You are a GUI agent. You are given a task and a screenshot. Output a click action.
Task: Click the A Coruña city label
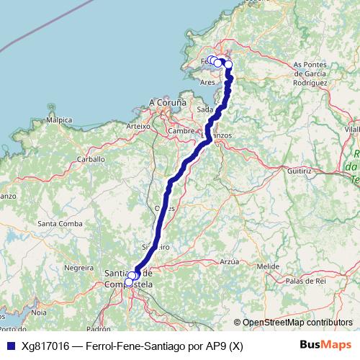pyautogui.click(x=168, y=103)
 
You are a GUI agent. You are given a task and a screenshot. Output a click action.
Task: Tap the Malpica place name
pyautogui.click(x=58, y=120)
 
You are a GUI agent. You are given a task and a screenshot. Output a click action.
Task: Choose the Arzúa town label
pyautogui.click(x=229, y=261)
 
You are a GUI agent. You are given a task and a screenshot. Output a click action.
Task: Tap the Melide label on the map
pyautogui.click(x=268, y=266)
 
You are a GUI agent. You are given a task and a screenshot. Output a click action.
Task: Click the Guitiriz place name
pyautogui.click(x=298, y=173)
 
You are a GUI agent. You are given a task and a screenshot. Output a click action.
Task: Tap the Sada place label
pyautogui.click(x=204, y=109)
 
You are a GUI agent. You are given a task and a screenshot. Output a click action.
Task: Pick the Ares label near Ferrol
pyautogui.click(x=207, y=82)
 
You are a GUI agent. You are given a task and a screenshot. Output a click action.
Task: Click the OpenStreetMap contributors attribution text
pyautogui.click(x=297, y=323)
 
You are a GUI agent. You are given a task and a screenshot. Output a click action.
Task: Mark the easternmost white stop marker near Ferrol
pyautogui.click(x=229, y=65)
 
